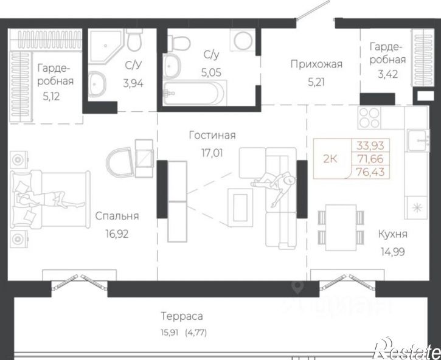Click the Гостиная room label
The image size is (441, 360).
(212, 136)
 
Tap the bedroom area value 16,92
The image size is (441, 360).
(117, 234)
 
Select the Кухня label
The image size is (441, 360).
(392, 234)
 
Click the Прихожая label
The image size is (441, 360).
(316, 64)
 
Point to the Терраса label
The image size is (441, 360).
(182, 316)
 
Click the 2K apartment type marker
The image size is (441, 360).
(330, 159)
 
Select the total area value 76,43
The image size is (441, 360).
(370, 171)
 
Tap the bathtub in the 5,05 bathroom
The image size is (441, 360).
(195, 93)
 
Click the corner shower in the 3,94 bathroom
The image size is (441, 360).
(107, 46)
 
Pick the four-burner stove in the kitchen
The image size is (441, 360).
(369, 118)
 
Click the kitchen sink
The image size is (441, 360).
(418, 140)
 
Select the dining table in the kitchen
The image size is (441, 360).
(341, 227)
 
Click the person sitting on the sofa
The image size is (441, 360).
(274, 185)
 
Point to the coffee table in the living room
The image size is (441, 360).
(240, 207)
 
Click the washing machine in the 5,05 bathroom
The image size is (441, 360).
(243, 40)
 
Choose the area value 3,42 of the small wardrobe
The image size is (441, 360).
(387, 74)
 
